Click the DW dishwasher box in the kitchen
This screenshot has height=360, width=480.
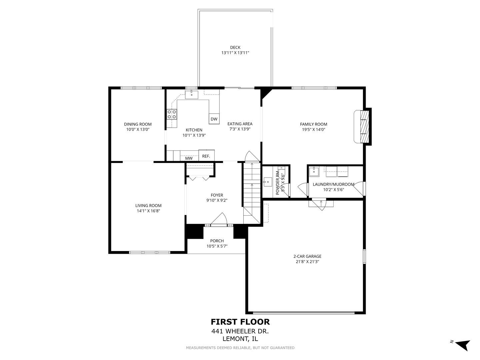[214, 119]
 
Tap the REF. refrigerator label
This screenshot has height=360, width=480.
[206, 156]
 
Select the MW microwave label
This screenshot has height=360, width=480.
[189, 158]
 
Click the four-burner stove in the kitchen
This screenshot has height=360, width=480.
[172, 114]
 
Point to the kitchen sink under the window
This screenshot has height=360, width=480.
[192, 95]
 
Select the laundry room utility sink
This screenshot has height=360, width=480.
[314, 172]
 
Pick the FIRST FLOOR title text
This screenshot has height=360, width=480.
[240, 322]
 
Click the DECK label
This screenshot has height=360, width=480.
[235, 47]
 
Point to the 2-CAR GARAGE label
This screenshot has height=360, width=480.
[307, 256]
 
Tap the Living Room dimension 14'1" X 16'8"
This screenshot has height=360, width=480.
[148, 211]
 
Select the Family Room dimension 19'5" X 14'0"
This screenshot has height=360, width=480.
[313, 130]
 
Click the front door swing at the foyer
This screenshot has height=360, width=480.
[219, 220]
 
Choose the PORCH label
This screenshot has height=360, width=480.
[217, 241]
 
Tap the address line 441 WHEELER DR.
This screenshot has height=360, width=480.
[240, 331]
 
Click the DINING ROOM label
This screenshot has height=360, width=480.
[138, 124]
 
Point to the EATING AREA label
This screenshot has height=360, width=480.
[240, 124]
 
